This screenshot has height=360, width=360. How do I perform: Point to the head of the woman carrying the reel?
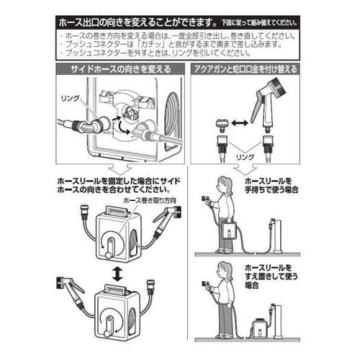[x=224, y=184]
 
